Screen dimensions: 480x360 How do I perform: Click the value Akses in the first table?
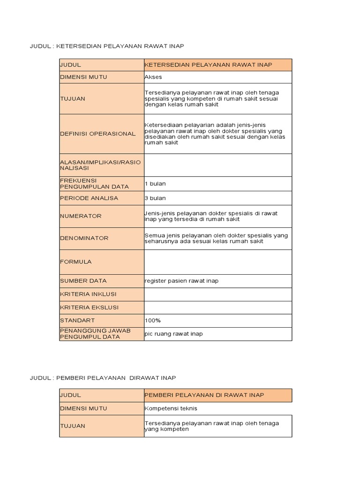point(153,76)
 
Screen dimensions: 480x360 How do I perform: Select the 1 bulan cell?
point(155,183)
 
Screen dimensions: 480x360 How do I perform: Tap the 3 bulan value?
point(155,198)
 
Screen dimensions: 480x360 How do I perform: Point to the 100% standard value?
point(153,320)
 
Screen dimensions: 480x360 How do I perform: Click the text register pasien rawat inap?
point(181,281)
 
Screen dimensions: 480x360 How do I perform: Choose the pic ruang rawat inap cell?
point(174,334)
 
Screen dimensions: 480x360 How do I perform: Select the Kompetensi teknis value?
point(171,408)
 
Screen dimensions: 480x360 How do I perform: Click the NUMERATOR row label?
point(81,216)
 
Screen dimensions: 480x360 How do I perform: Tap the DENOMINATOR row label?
point(84,238)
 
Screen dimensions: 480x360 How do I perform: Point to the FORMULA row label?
point(76,262)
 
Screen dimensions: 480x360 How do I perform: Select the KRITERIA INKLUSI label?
point(88,294)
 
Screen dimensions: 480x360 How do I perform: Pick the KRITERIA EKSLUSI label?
point(89,307)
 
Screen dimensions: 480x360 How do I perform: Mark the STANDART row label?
point(77,320)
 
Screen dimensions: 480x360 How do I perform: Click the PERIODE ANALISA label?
point(89,198)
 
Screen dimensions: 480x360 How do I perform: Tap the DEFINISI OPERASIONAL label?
point(97,134)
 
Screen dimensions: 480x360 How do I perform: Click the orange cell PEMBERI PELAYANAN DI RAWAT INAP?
point(204,395)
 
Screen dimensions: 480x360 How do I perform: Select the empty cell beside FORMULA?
point(217,262)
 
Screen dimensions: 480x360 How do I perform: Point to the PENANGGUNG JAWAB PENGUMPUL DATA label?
point(95,333)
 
